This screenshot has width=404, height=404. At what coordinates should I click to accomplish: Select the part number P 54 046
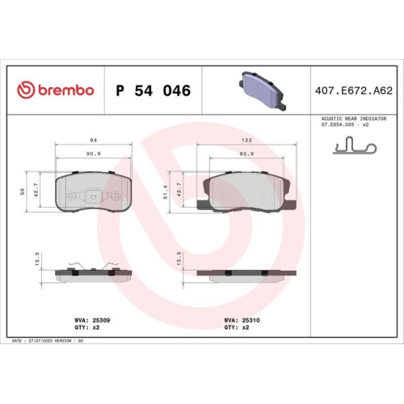[x=154, y=90]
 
